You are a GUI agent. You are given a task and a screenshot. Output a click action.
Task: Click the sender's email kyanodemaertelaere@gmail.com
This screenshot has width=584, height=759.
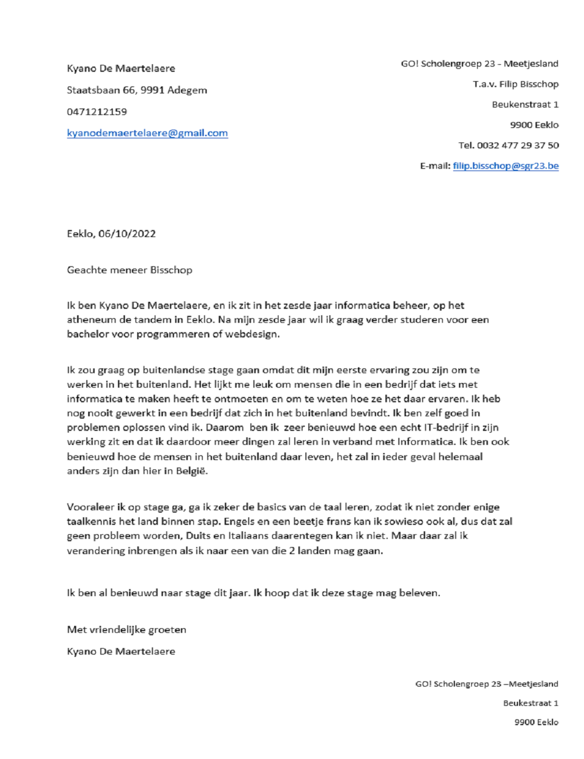pyautogui.click(x=147, y=133)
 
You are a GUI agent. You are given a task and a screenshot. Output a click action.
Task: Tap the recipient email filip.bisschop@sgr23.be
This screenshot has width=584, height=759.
pyautogui.click(x=506, y=166)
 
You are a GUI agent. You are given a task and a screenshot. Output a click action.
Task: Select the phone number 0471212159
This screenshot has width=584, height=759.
pyautogui.click(x=97, y=112)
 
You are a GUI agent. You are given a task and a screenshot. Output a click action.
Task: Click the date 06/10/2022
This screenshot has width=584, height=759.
pyautogui.click(x=127, y=234)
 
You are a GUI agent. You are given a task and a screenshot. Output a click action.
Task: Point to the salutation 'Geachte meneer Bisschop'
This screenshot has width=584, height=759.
pyautogui.click(x=130, y=270)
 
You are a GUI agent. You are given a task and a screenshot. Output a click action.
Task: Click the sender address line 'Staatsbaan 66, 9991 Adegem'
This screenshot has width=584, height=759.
pyautogui.click(x=137, y=90)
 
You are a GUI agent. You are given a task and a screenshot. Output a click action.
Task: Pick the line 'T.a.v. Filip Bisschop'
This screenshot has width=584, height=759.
pyautogui.click(x=516, y=84)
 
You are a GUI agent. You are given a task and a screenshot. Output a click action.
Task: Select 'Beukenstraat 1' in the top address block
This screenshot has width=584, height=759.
pyautogui.click(x=525, y=105)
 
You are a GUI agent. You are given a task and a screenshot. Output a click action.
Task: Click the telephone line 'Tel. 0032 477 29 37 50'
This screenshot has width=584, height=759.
pyautogui.click(x=508, y=145)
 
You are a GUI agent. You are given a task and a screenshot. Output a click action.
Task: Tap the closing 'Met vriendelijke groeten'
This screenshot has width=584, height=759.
pyautogui.click(x=127, y=629)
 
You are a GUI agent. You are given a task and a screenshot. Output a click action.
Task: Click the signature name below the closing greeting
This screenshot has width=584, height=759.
pyautogui.click(x=121, y=651)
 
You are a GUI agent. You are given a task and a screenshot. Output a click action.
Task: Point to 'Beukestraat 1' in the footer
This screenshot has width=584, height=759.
pyautogui.click(x=530, y=703)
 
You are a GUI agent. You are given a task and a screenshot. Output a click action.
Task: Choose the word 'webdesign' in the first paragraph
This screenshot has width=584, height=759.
pyautogui.click(x=256, y=334)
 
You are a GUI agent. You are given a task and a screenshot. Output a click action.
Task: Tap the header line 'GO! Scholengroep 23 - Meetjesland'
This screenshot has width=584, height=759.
pyautogui.click(x=479, y=64)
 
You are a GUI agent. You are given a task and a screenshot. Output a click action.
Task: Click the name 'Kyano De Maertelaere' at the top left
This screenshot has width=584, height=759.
pyautogui.click(x=121, y=68)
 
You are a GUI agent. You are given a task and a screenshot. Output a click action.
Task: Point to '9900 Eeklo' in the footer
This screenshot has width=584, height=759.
pyautogui.click(x=536, y=722)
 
